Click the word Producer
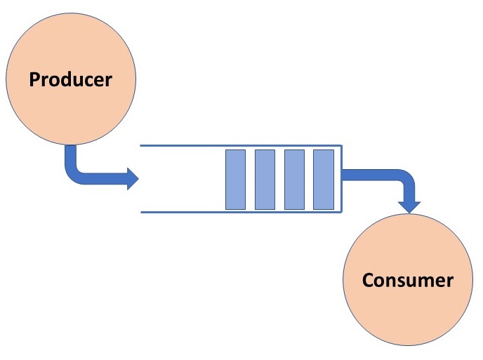(70, 79)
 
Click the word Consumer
(407, 281)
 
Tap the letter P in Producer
(35, 79)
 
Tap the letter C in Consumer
(369, 281)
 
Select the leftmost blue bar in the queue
(235, 179)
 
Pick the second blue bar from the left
(265, 179)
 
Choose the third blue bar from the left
(294, 179)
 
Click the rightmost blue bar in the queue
(323, 179)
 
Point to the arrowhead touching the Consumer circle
(409, 206)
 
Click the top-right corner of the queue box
(341, 145)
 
